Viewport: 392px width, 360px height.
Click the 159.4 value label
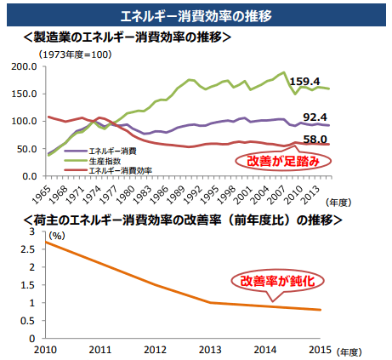pos(304,82)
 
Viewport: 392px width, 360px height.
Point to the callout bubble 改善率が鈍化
pos(272,280)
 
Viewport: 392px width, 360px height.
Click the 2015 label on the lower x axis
pos(320,350)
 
